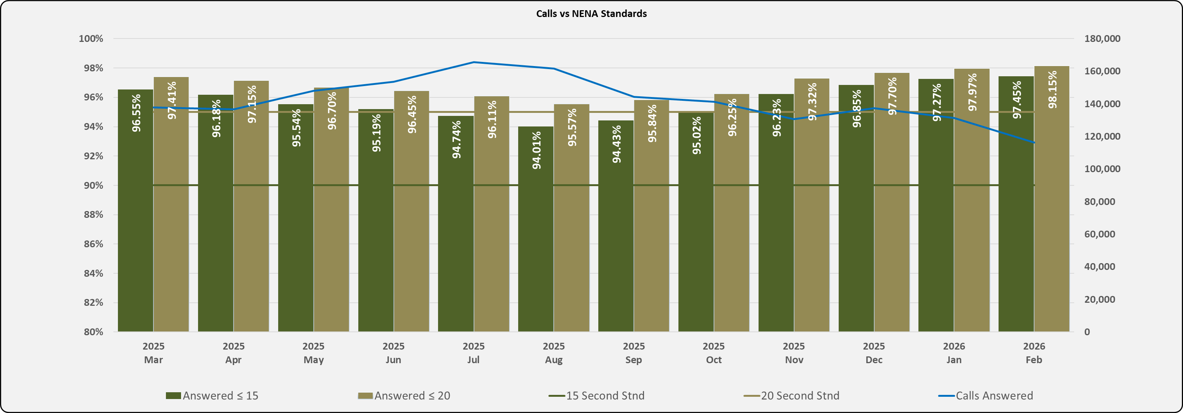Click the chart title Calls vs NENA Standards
[591, 14]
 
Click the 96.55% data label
[136, 113]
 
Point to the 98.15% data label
[1052, 90]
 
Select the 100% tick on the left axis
[91, 39]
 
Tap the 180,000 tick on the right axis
[1102, 39]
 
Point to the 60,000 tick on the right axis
[1099, 234]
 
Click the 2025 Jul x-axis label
[474, 353]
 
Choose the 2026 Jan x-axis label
[954, 353]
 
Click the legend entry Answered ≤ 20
[404, 396]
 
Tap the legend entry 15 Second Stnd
[597, 396]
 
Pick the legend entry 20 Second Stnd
[792, 396]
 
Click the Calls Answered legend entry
[986, 396]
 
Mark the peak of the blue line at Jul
[474, 62]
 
